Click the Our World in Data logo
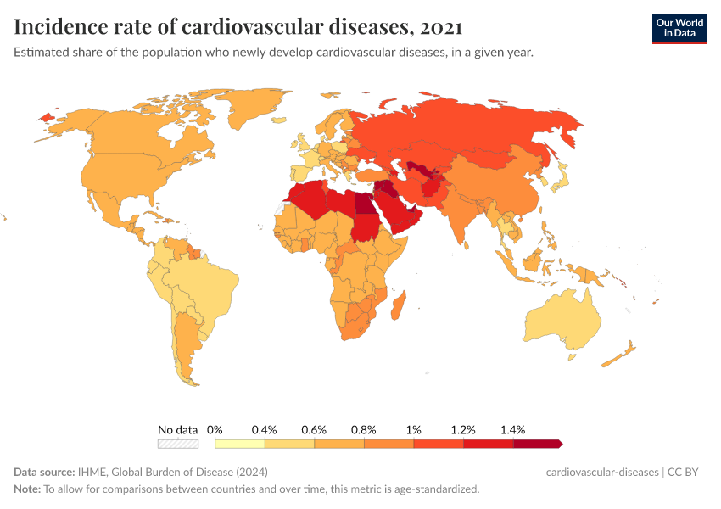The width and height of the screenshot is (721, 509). pos(679,28)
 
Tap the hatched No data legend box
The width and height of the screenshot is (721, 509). pos(177,444)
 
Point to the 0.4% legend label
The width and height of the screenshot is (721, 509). pos(265,430)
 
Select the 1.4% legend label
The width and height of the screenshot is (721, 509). pos(513,430)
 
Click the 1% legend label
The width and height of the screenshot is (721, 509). pos(414,430)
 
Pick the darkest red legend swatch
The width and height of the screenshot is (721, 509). pos(537,444)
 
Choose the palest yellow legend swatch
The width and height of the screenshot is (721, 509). pos(240,444)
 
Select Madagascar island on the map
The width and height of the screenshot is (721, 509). pos(401,304)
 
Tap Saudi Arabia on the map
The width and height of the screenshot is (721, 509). pos(399,212)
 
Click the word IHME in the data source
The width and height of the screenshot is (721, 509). pos(88,472)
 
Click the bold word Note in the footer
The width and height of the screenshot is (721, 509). pos(27,489)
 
